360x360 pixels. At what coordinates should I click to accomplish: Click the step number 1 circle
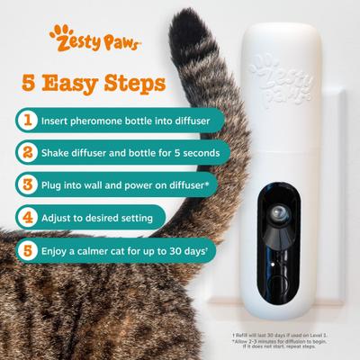[30, 118]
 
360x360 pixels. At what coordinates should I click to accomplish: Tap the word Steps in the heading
[136, 84]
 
